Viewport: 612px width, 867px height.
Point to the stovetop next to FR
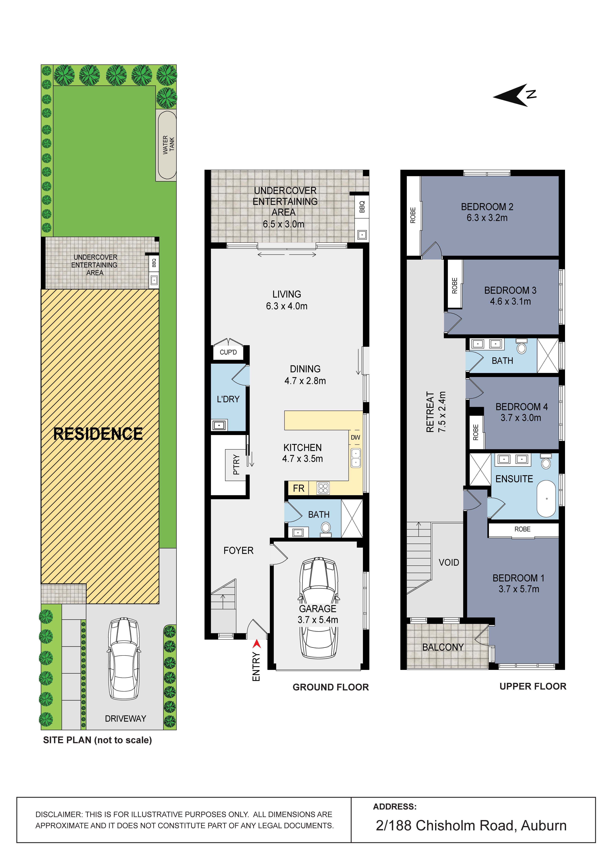[x=323, y=488]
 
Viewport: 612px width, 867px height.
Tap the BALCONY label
[x=443, y=647]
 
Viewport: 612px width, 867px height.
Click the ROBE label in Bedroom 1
[x=523, y=529]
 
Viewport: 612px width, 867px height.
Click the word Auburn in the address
[x=544, y=825]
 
